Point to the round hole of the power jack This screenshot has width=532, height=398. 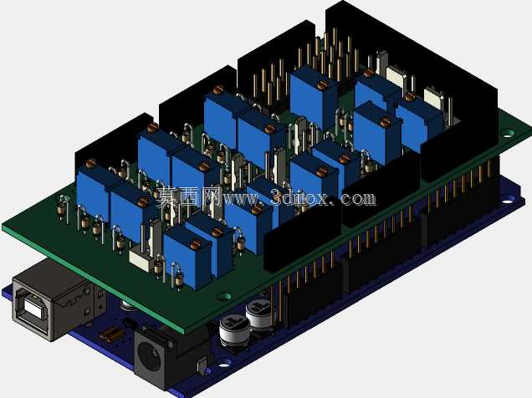[149, 357]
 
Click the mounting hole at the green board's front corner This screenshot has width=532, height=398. [224, 296]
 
